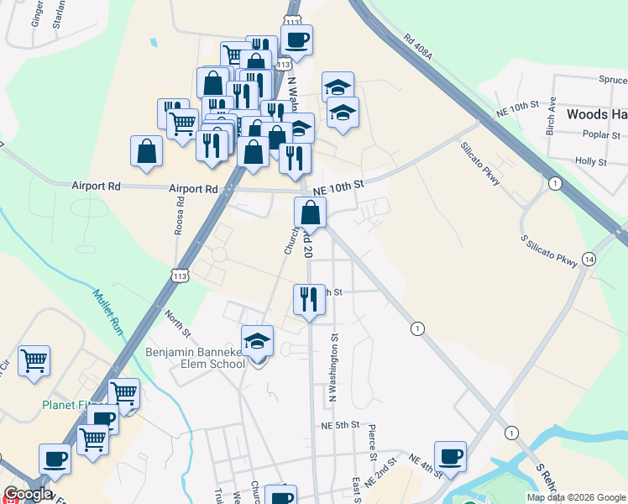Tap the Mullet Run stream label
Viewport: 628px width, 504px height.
point(107,312)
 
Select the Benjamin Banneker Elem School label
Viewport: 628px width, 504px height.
point(196,358)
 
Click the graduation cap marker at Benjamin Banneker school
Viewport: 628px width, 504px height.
point(258,342)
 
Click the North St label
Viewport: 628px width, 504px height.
point(178,319)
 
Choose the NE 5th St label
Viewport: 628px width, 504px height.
point(340,426)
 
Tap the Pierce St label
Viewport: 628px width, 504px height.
point(370,443)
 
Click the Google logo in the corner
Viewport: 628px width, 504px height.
point(28,494)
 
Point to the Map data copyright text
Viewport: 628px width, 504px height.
point(575,497)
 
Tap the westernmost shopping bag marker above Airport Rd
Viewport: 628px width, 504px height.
point(146,151)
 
